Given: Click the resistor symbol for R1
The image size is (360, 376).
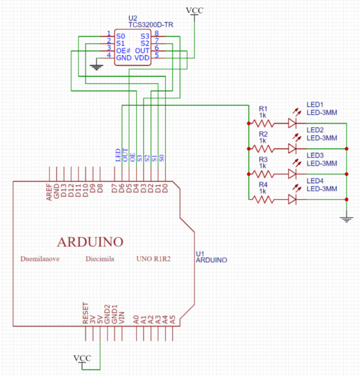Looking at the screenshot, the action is coord(263,124).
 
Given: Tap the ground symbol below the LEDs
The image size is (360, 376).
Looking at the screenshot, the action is coord(346,219).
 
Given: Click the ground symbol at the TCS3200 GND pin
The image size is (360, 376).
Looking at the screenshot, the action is coord(96,67).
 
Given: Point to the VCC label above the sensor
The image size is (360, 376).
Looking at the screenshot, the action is coord(194,10).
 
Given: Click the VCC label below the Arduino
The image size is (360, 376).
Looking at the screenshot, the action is coord(82,358).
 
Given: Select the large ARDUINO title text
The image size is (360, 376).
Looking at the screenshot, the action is coord(90,242).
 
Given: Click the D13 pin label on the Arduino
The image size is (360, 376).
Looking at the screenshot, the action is coord(64,190).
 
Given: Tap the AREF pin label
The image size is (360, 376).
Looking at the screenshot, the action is coord(49,192).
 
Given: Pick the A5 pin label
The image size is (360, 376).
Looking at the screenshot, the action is coord(173,319).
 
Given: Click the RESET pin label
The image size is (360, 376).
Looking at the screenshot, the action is coord(86,313).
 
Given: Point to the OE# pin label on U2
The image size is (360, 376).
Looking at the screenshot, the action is coord(124,51).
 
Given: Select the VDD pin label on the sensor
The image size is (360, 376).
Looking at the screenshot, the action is coord(142,58).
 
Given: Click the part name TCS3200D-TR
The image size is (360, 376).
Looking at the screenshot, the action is coord(151,24).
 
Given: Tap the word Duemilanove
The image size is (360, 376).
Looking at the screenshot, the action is coord(40,259).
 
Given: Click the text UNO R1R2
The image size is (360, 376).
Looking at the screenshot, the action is coord(154,259).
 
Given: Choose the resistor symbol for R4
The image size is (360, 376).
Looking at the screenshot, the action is coord(263,199).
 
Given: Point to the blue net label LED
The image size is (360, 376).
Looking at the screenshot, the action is coord(118,155).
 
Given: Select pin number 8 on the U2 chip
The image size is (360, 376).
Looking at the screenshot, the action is coord(156,33).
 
